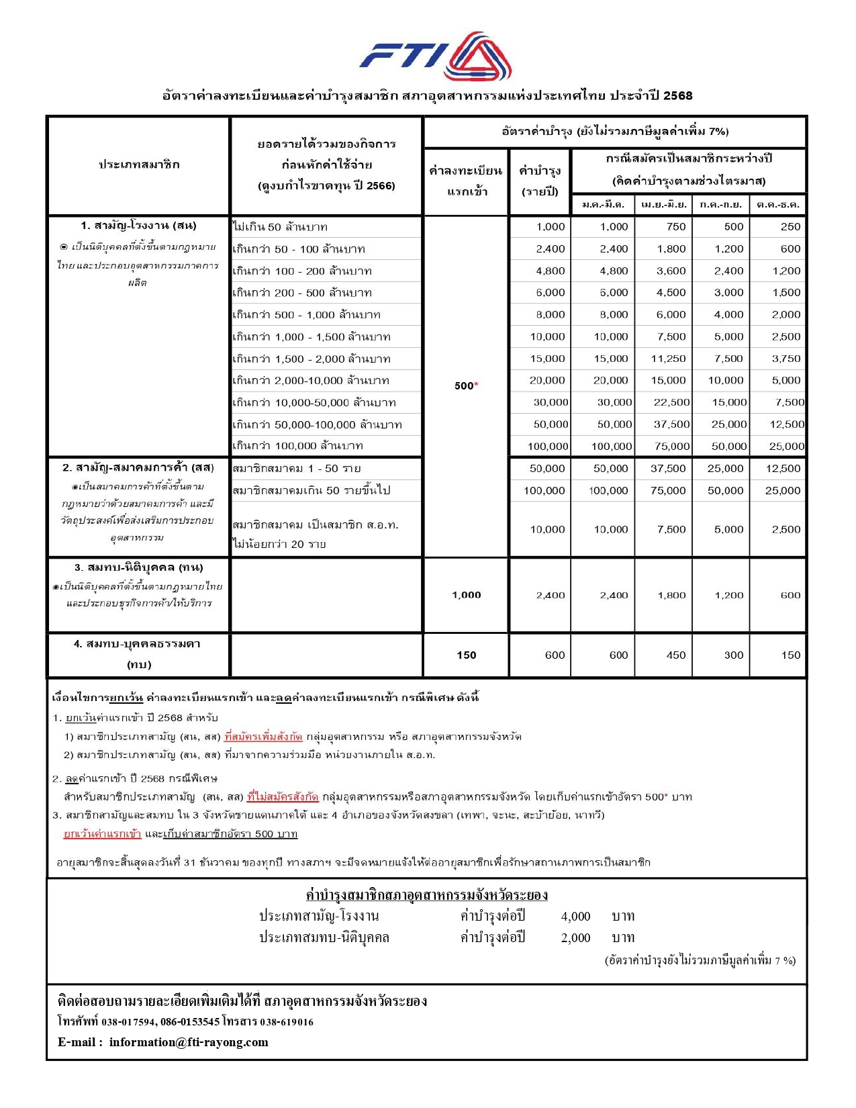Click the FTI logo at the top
tap(435, 56)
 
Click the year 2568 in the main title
tap(677, 95)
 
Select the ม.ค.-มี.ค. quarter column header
tap(603, 204)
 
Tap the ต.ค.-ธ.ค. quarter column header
tap(777, 204)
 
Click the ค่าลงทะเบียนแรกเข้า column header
tap(466, 181)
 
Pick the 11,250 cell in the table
tap(668, 359)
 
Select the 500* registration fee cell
tap(466, 385)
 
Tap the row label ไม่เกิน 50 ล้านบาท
tap(280, 227)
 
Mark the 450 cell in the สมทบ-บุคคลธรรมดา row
tap(675, 655)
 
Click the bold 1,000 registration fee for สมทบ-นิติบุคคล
tap(466, 595)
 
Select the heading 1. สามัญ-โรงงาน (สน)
tap(138, 226)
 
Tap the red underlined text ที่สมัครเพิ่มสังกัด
tap(263, 737)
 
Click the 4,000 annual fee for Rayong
tap(575, 916)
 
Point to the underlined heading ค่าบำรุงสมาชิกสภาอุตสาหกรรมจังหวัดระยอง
tap(426, 895)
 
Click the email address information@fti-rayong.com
tap(189, 1042)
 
